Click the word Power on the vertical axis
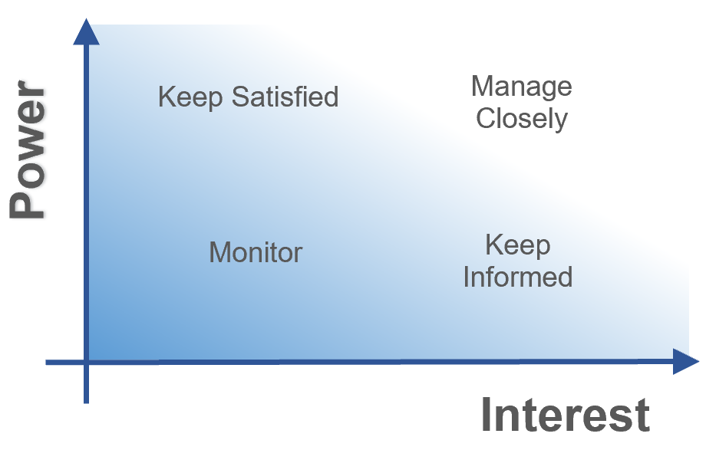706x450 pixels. point(28,149)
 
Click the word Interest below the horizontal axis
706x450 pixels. point(566,415)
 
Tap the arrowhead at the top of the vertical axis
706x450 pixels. point(86,31)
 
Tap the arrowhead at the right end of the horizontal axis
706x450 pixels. point(686,361)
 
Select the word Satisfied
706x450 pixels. point(285,97)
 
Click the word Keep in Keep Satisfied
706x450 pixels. point(190,97)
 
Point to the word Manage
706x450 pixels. point(521,87)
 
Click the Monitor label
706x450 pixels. point(256,252)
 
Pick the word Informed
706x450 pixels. point(518,276)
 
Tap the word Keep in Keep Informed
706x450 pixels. point(518,246)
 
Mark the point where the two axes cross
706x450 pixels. point(86,362)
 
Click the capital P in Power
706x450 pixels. point(27,204)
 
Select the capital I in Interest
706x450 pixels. point(487,415)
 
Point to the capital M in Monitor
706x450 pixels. point(220,252)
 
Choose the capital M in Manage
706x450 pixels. point(482,87)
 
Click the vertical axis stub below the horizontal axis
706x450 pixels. point(86,384)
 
